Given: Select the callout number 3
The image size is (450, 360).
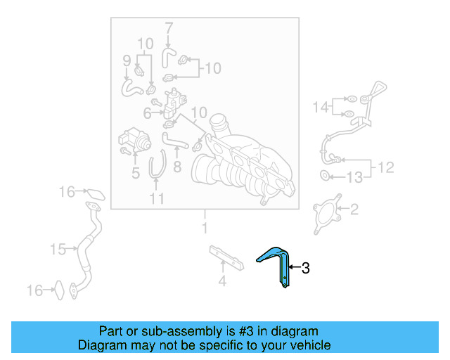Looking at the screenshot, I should pos(306,267).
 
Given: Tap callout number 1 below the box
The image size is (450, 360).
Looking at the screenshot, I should pos(205,228).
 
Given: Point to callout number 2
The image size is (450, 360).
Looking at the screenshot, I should pos(354,209).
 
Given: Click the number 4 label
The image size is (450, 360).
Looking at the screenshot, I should pos(221,283).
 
